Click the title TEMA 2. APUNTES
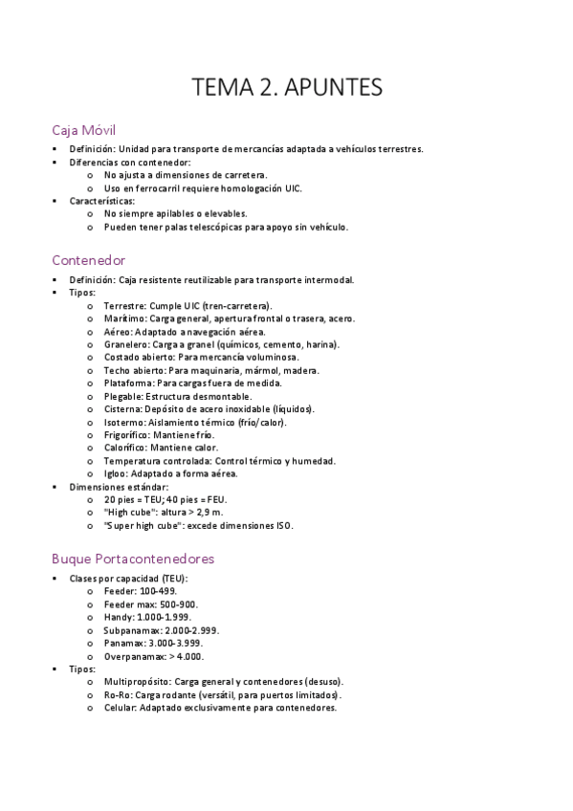(287, 88)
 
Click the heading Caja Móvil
(84, 129)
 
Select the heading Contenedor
(89, 260)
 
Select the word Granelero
(124, 344)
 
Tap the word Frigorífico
(125, 435)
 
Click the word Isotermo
(123, 422)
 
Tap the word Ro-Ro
(118, 695)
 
